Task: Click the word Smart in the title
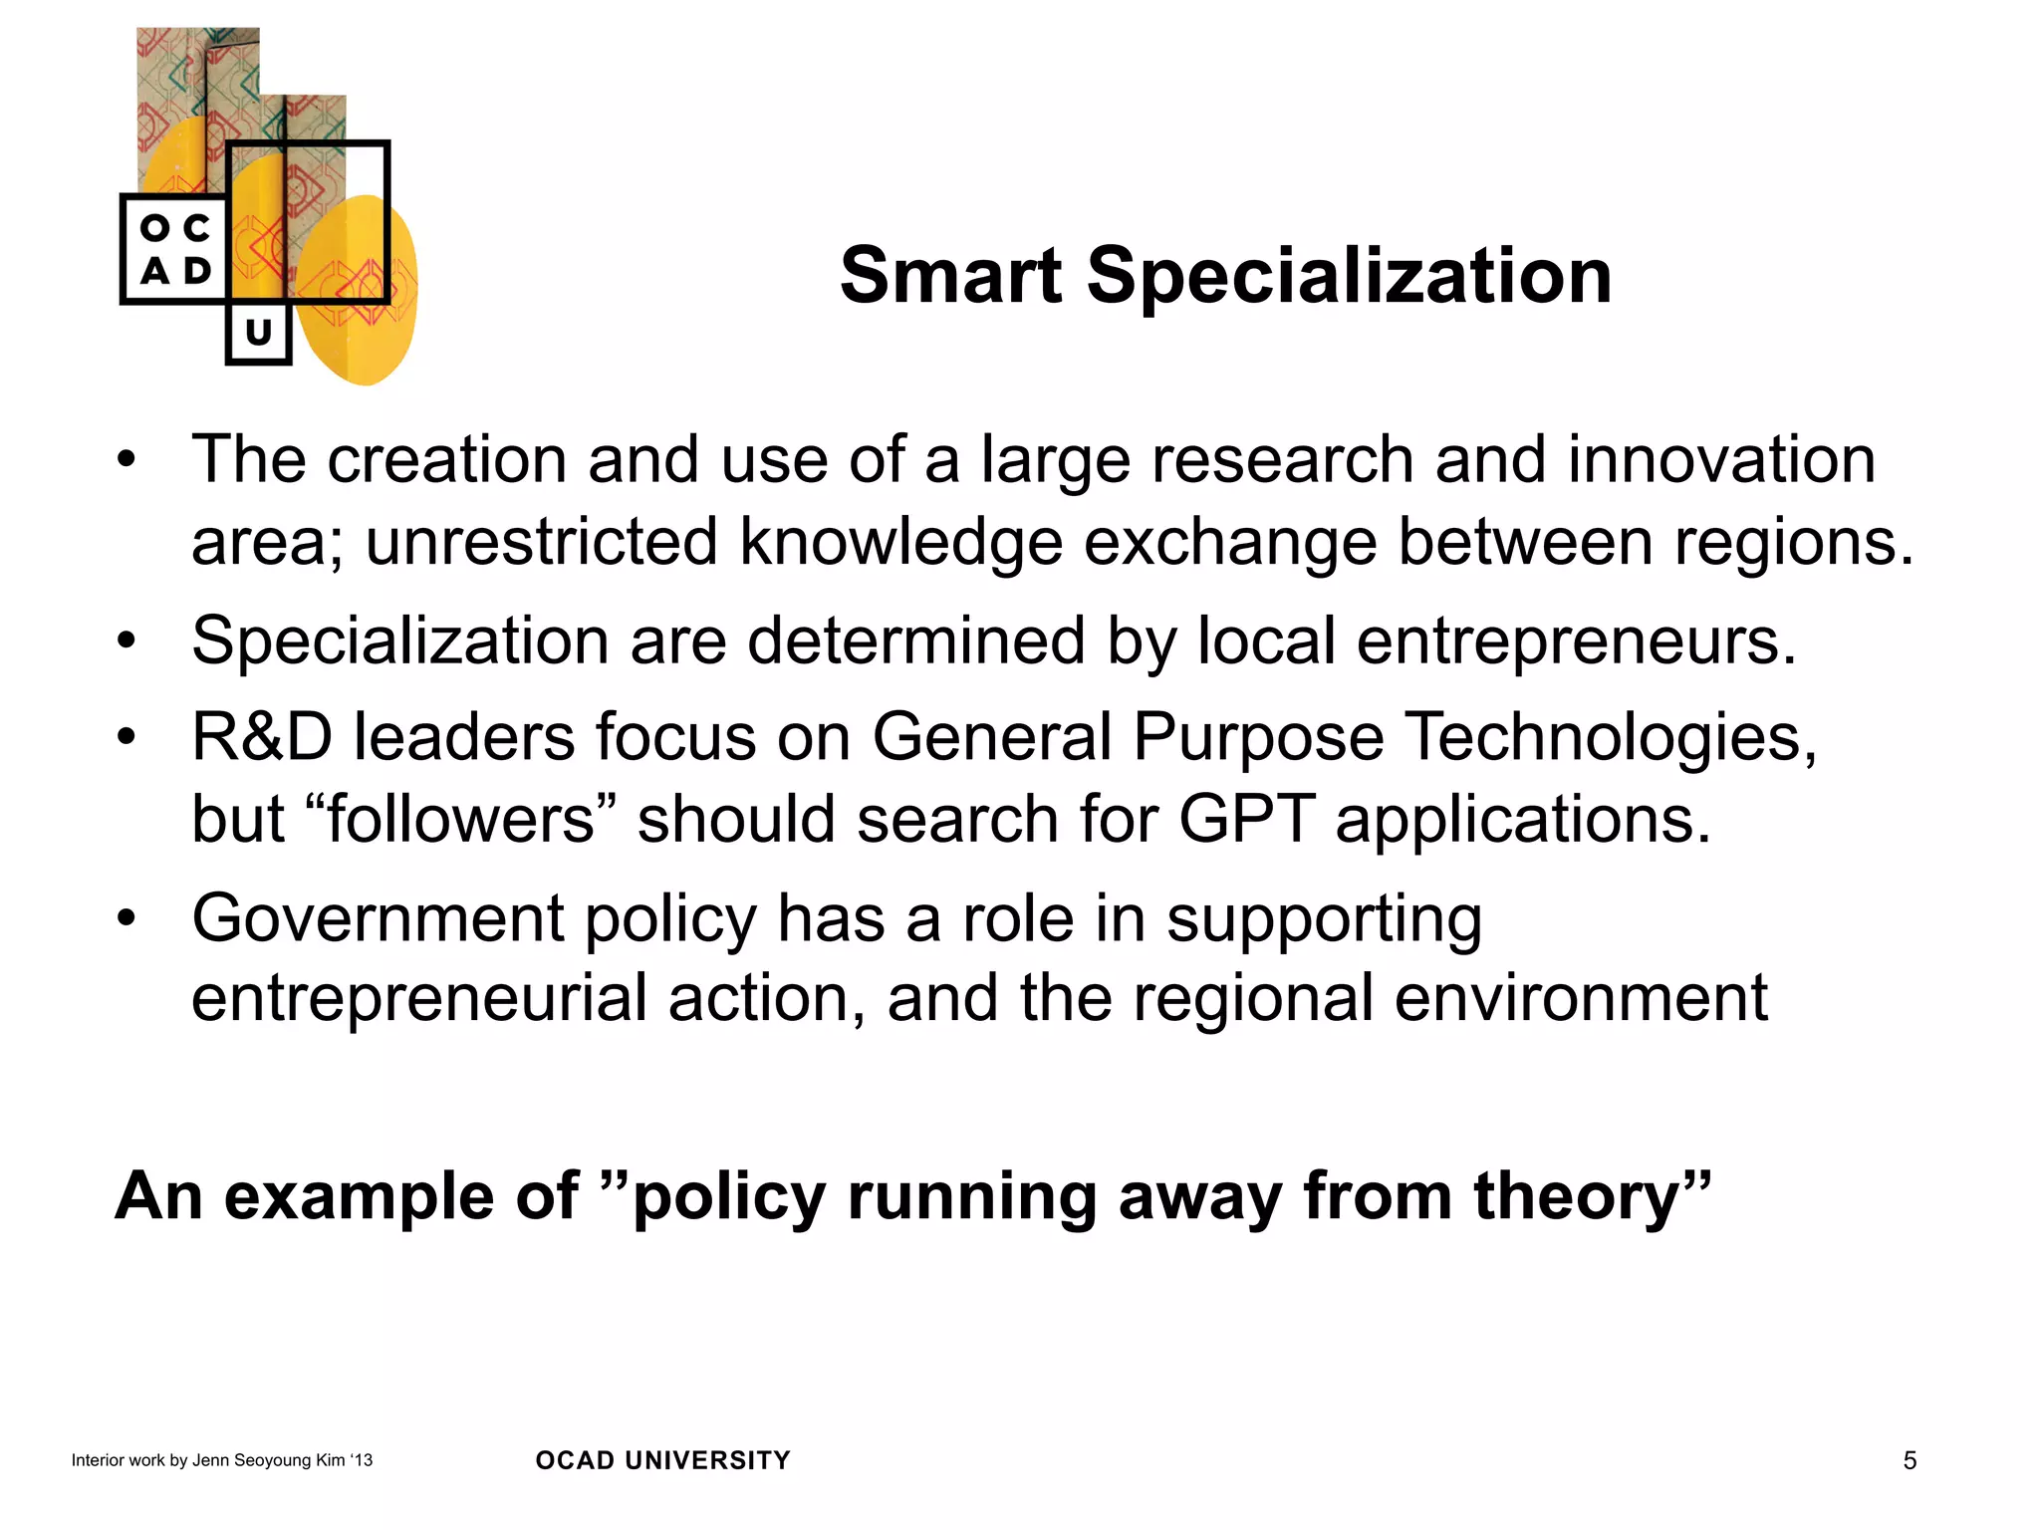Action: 950,276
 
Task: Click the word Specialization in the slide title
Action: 1349,276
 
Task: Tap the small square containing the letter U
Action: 258,333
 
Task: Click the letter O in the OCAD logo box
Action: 154,228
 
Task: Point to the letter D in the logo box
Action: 197,271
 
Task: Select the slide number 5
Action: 1909,1460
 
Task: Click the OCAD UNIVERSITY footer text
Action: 662,1460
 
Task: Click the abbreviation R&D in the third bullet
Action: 262,738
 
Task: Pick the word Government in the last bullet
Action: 378,918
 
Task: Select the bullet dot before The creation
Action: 126,460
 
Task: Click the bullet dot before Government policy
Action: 126,918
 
